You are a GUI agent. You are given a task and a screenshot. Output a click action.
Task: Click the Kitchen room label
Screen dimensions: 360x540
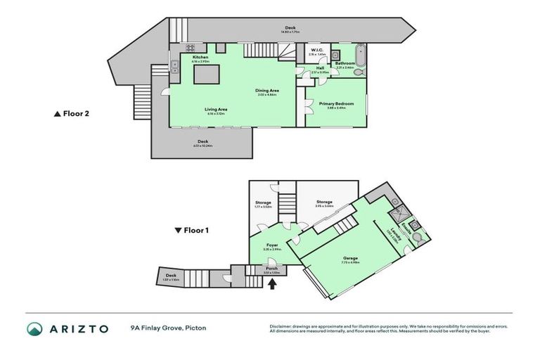point(200,57)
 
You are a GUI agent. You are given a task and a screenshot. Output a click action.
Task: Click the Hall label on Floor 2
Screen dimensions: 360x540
point(321,68)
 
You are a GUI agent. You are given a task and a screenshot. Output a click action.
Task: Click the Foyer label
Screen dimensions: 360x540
point(271,245)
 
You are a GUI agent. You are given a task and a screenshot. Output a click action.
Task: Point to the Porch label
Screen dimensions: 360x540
point(271,269)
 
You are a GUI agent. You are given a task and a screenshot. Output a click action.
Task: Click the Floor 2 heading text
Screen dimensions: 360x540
point(76,113)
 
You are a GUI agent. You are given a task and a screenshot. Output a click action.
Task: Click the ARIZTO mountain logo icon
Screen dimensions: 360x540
point(34,328)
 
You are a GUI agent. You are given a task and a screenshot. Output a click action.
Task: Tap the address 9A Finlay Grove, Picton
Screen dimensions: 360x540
point(168,328)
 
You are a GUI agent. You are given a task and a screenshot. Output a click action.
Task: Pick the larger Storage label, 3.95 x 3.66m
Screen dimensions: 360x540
point(324,202)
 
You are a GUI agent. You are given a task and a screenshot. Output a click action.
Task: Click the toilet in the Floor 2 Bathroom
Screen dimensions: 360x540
point(359,71)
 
